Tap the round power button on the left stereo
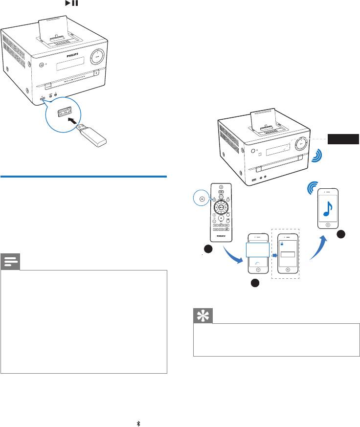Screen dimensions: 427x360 click(41, 65)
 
